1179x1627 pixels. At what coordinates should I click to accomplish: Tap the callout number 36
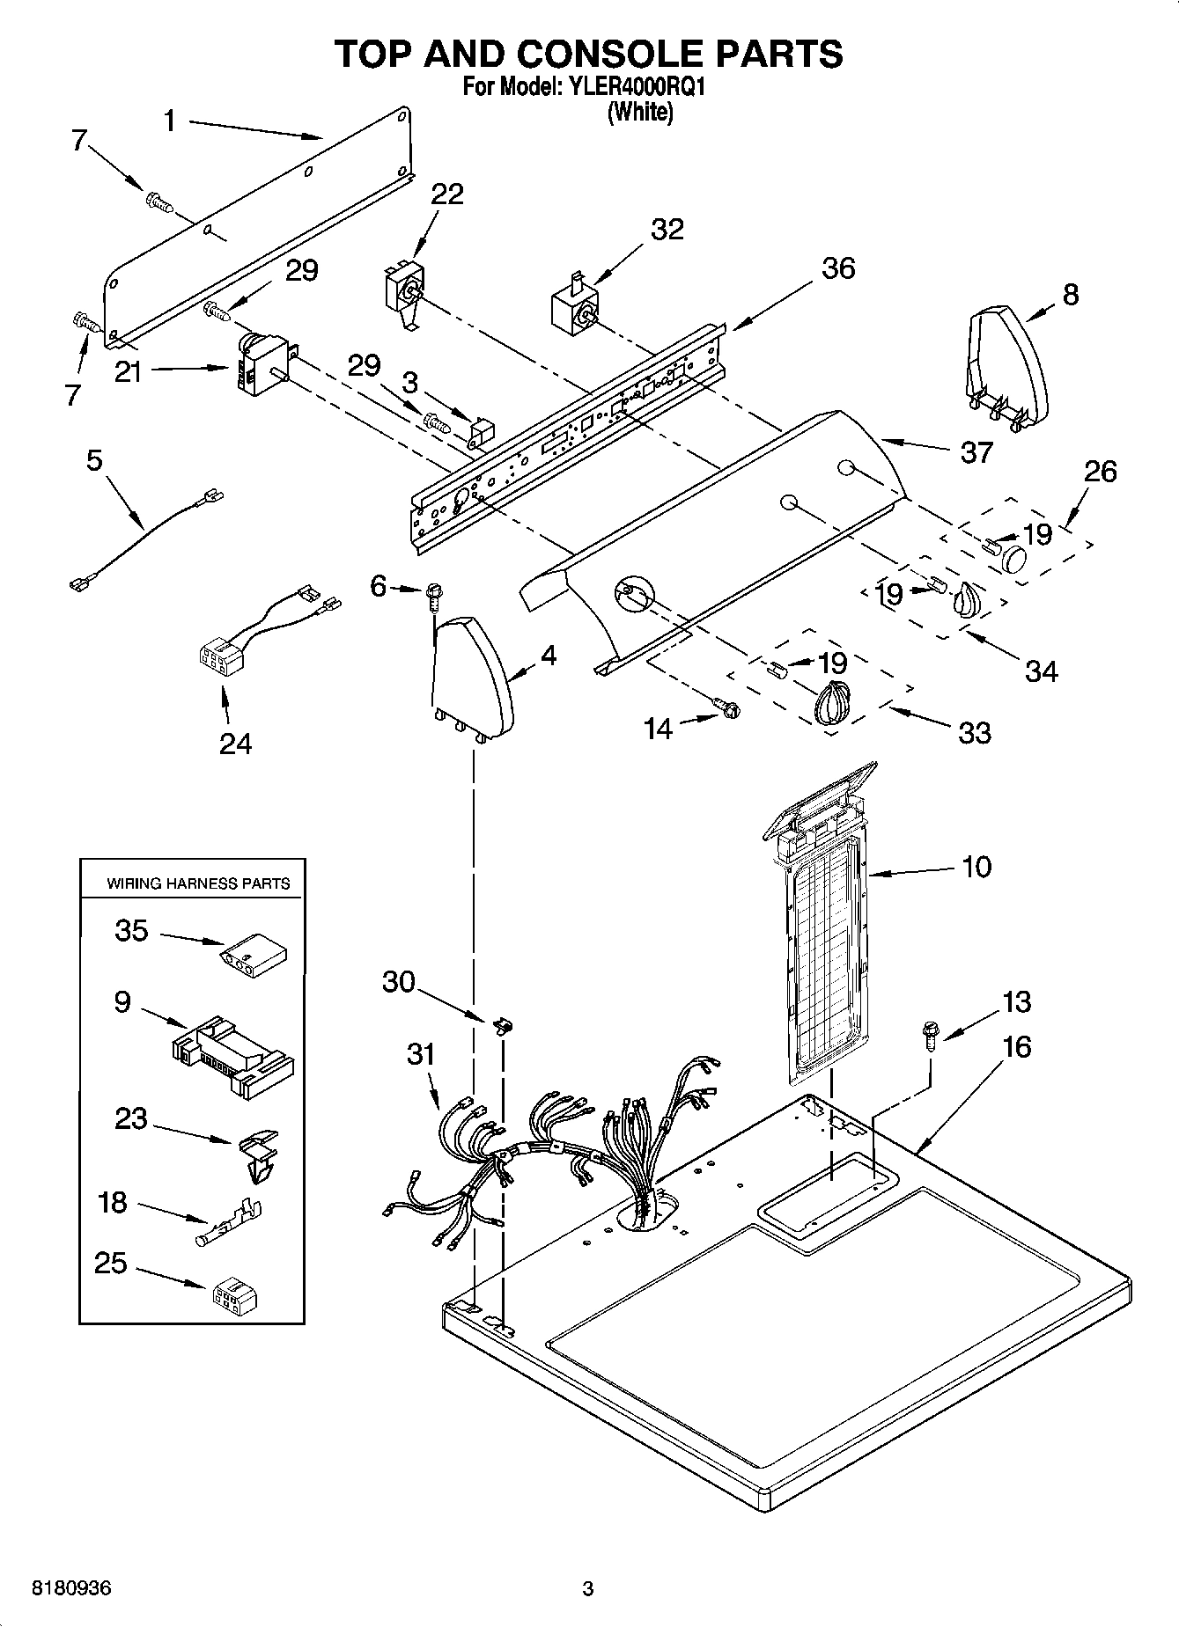[x=837, y=268]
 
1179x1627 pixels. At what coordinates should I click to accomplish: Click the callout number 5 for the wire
[x=94, y=459]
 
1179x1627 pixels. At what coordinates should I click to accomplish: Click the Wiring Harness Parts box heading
[x=198, y=883]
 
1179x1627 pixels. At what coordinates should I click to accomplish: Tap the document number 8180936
[x=71, y=1588]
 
